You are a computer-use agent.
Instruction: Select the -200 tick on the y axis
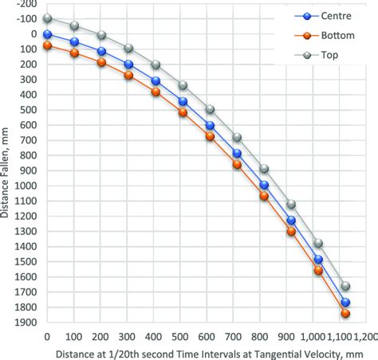(29, 4)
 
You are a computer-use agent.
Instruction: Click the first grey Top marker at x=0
(47, 18)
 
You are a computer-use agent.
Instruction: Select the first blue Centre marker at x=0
(47, 34)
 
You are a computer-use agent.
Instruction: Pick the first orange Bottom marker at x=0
(47, 46)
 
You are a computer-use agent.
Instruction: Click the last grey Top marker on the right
(345, 286)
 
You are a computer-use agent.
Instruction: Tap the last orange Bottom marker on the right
(345, 314)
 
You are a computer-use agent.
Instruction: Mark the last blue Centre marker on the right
(345, 303)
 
